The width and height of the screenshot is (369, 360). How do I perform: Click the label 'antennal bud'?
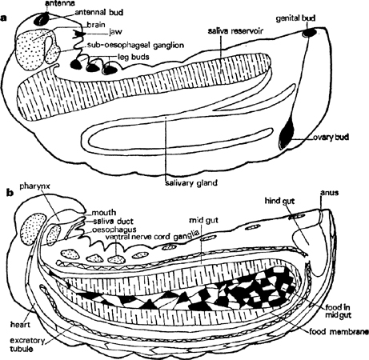pos(99,13)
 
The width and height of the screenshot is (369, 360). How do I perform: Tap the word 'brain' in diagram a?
pos(96,25)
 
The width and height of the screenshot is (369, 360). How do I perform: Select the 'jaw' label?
pos(115,32)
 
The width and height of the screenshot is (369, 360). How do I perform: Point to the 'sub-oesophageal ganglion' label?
pos(135,46)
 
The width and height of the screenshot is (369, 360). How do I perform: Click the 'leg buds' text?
pos(134,57)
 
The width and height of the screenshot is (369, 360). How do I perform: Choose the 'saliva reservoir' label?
pos(235,31)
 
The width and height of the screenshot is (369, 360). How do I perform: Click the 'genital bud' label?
pos(295,18)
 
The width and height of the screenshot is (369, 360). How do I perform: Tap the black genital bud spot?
pos(310,33)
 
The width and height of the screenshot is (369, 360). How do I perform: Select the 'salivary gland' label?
pos(191,183)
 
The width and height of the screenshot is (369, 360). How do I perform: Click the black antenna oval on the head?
pos(42,18)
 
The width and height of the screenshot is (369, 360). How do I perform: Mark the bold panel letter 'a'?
pos(4,18)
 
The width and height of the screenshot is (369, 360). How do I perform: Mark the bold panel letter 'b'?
pos(10,192)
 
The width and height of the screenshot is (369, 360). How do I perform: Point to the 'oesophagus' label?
pos(114,230)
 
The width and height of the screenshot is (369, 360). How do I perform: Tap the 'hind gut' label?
pos(279,201)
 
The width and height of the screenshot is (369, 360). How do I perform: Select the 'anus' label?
pos(330,192)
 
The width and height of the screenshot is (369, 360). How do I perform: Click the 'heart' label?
pos(20,325)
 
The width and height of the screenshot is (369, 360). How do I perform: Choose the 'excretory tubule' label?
pos(27,344)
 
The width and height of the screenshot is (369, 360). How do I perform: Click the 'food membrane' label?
pos(339,332)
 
